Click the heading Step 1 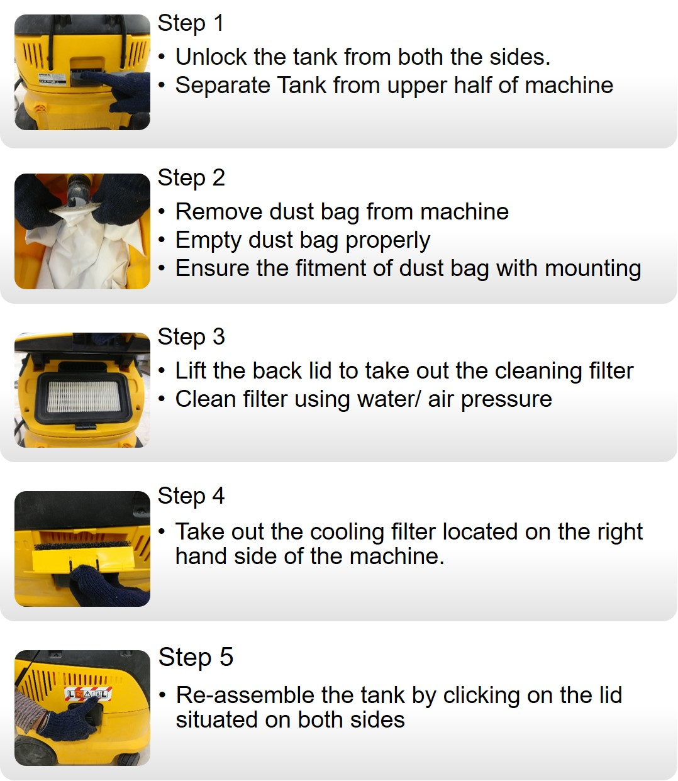191,23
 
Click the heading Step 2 191,178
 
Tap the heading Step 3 191,337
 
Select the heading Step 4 191,496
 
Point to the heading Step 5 196,658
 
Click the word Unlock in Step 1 211,57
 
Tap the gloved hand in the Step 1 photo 126,94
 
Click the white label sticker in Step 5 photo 88,694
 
